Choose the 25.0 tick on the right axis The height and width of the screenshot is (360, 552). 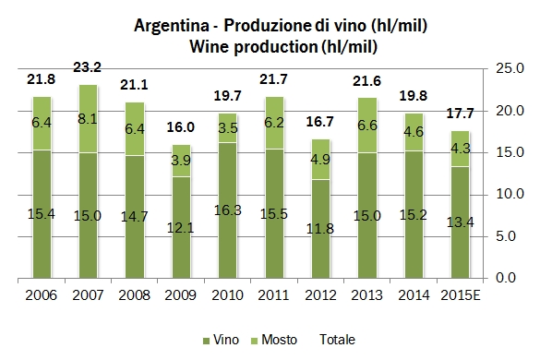tap(511, 69)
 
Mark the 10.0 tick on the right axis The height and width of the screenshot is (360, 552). tap(511, 194)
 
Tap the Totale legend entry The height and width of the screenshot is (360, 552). tap(338, 339)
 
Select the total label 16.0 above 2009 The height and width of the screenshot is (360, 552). tap(179, 128)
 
